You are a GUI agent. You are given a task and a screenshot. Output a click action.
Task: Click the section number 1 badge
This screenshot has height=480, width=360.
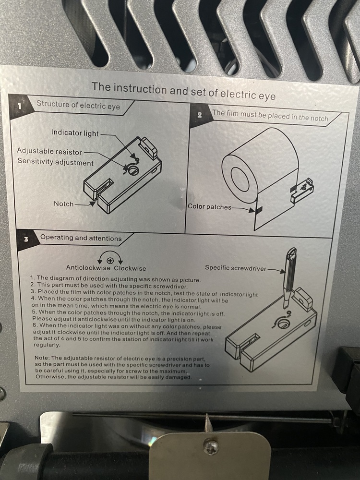coord(20,106)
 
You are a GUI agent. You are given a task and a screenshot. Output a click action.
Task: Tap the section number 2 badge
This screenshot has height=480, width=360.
coord(200,115)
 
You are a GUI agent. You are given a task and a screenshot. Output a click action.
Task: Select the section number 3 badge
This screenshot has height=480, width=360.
coord(26,239)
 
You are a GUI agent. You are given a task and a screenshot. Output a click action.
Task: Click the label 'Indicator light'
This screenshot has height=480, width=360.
coord(75,133)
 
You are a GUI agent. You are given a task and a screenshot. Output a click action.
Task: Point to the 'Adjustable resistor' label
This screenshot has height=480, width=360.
coord(49,151)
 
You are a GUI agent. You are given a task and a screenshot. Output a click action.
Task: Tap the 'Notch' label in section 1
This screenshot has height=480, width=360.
coord(64,204)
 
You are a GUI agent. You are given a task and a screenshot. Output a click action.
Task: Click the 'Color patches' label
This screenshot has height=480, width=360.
coord(209,206)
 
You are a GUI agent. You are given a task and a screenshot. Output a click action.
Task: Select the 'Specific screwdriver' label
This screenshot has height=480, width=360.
coord(236,268)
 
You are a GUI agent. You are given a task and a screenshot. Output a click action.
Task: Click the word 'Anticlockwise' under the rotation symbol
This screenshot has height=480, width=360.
coord(88,268)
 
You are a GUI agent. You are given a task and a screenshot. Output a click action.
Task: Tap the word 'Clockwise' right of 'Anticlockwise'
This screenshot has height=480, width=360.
coord(130,268)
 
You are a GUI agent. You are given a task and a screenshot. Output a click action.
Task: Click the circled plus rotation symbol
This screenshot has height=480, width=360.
coord(110,261)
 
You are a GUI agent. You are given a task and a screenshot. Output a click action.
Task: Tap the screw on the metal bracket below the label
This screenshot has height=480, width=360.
coord(212,446)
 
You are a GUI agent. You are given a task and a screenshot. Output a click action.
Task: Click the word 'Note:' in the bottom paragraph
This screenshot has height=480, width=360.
coord(42,358)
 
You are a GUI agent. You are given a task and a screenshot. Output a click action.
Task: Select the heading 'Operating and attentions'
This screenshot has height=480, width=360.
coord(81,238)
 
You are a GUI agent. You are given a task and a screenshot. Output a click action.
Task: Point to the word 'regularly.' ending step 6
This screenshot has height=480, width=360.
coord(47,345)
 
